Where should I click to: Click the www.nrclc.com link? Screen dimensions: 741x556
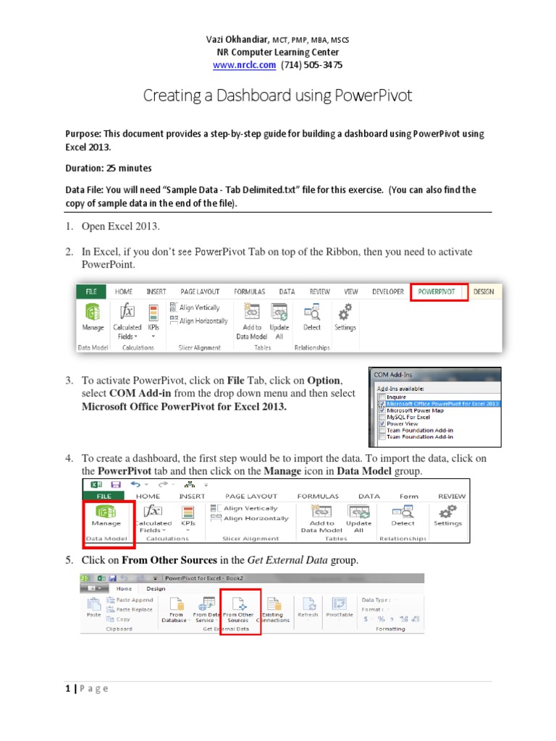(244, 65)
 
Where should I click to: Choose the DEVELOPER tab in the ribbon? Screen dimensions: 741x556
(387, 292)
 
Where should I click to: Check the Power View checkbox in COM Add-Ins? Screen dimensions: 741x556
(382, 425)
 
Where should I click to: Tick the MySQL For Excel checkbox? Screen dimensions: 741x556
(382, 417)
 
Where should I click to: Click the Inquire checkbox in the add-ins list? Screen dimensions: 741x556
(382, 397)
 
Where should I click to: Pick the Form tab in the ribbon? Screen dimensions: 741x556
(409, 496)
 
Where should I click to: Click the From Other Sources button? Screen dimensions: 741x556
(239, 608)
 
